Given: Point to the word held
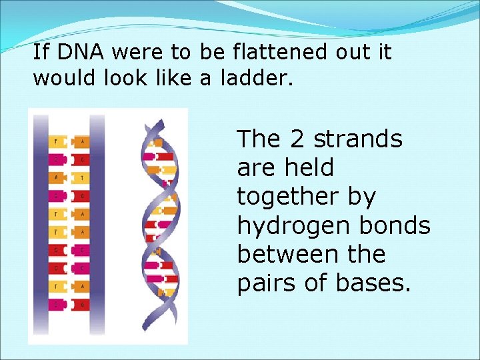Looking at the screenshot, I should [311, 168].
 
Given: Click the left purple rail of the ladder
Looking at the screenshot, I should [40, 223].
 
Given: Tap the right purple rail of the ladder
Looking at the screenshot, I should [97, 223].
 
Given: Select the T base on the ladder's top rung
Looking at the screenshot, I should [56, 141].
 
